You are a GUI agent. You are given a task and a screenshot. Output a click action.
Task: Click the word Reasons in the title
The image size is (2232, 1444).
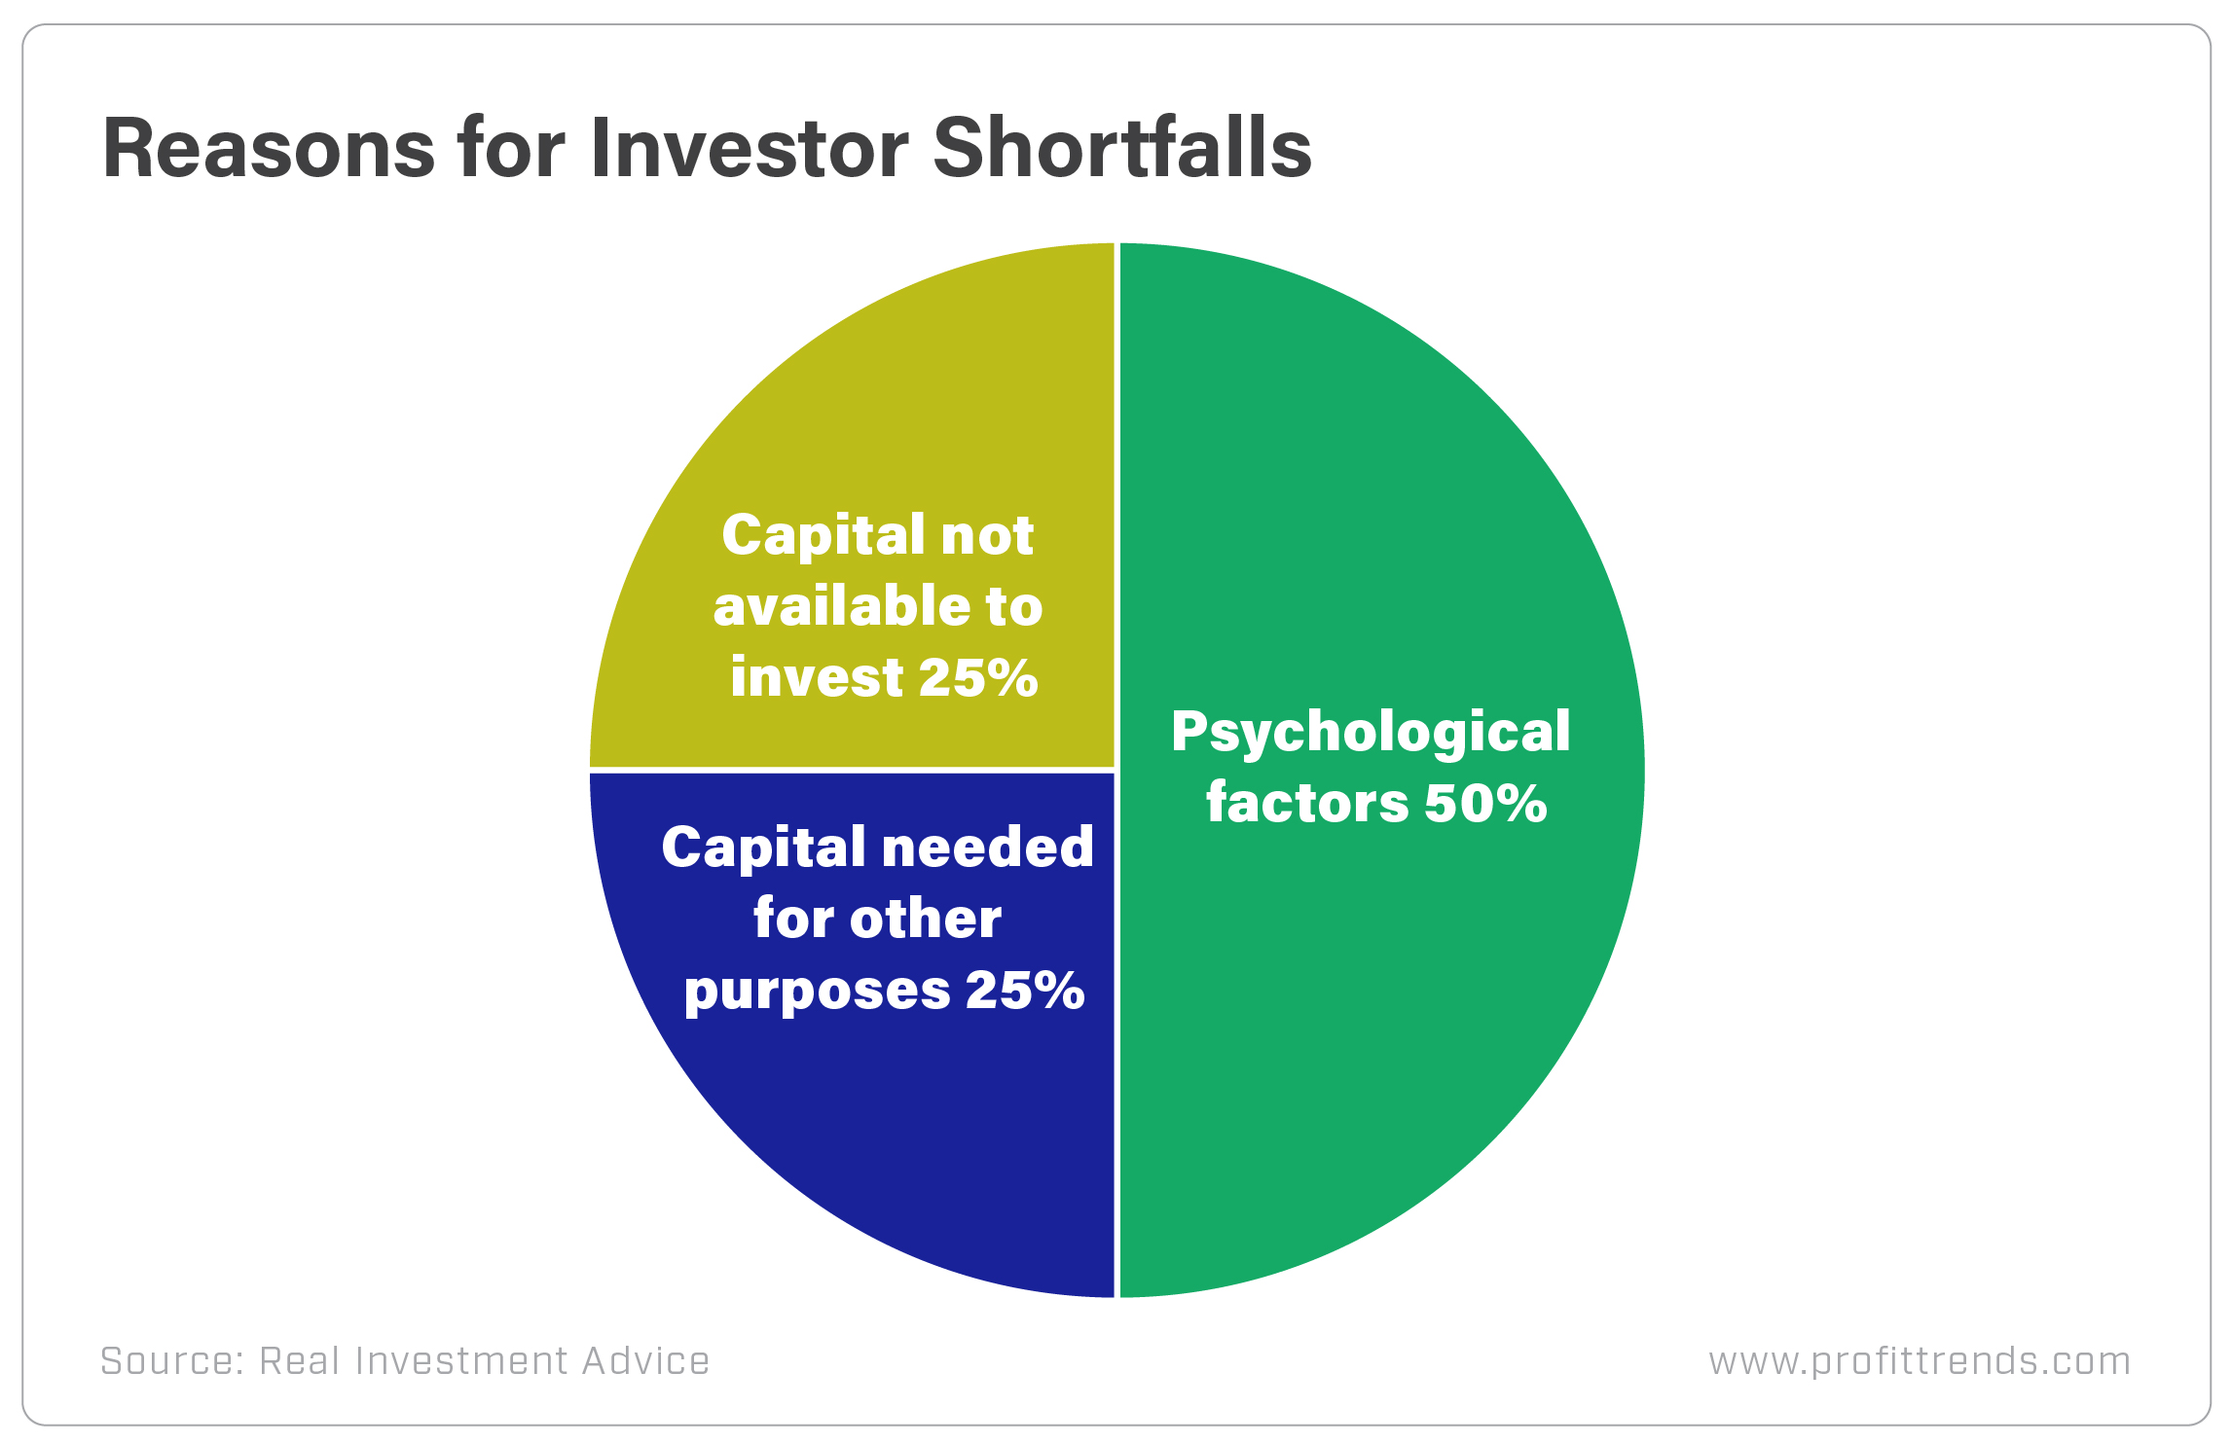(269, 149)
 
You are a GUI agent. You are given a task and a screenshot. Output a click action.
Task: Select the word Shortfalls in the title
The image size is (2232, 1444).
(1122, 149)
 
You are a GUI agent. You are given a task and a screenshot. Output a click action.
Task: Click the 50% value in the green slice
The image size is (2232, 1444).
(1485, 804)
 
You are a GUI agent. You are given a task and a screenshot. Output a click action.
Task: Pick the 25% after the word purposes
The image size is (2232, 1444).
(1024, 991)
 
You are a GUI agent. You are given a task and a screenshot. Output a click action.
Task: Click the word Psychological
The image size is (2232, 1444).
(1371, 733)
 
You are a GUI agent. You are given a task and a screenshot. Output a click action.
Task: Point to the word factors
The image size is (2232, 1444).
(1307, 804)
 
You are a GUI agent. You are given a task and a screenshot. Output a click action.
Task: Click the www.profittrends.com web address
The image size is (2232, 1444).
(1920, 1360)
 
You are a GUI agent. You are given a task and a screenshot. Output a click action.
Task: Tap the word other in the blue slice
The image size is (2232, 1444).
(925, 919)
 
